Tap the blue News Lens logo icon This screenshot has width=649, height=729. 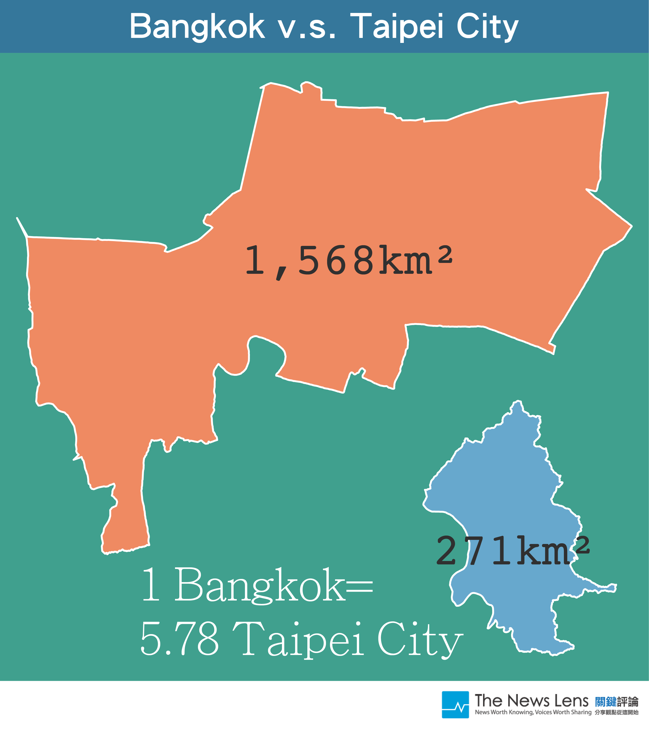point(455,705)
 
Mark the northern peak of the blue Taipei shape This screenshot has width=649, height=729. point(517,405)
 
